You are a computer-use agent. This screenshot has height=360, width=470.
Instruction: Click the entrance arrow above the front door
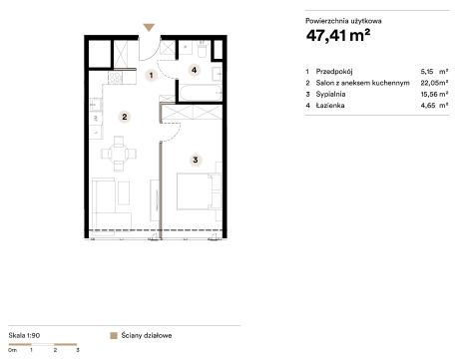[x=149, y=27]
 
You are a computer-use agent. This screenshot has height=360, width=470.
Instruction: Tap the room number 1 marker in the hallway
[x=151, y=76]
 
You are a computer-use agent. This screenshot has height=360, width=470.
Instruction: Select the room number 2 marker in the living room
[x=125, y=117]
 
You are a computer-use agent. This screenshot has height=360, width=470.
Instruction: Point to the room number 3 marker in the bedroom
[x=196, y=160]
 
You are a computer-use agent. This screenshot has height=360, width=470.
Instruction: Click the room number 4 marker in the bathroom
[x=194, y=70]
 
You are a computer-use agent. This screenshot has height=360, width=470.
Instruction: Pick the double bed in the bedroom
[x=195, y=191]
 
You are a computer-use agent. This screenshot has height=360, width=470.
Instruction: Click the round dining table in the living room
[x=119, y=154]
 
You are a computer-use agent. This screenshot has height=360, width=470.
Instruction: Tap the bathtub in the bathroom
[x=201, y=93]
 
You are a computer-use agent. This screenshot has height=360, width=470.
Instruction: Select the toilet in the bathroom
[x=202, y=49]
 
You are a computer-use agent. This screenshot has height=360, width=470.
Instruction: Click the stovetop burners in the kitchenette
[x=115, y=78]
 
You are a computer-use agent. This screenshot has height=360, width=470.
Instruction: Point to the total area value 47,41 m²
[x=338, y=35]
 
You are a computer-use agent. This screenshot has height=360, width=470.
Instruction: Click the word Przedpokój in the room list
[x=334, y=72]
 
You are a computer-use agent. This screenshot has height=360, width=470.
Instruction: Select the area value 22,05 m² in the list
[x=434, y=83]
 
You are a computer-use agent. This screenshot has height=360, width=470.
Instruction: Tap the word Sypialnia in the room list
[x=330, y=94]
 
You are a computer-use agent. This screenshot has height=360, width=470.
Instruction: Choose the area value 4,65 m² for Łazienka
[x=434, y=106]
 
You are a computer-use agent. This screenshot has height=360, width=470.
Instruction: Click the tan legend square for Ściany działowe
[x=114, y=335]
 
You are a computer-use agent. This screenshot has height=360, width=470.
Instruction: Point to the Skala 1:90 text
[x=24, y=335]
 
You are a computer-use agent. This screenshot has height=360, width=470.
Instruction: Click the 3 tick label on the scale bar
[x=78, y=350]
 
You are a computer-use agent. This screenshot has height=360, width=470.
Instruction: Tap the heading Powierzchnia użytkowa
[x=343, y=21]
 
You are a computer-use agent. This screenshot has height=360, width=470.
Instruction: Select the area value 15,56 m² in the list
[x=434, y=94]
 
